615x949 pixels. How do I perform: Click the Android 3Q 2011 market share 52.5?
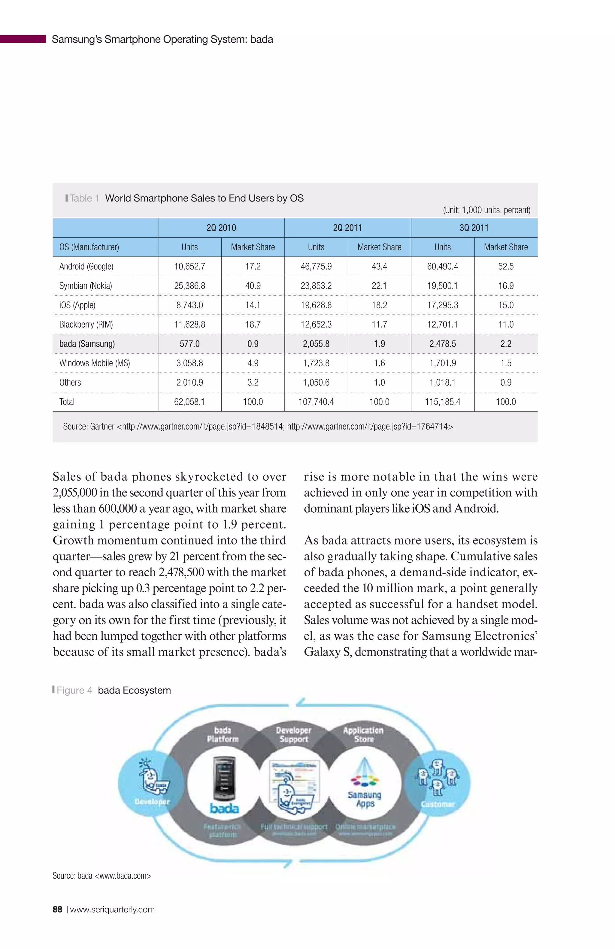pyautogui.click(x=505, y=266)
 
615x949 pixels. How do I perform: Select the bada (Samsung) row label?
pyautogui.click(x=87, y=344)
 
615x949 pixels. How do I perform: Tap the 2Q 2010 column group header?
pyautogui.click(x=221, y=228)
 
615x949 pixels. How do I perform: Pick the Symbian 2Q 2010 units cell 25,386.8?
pyautogui.click(x=189, y=286)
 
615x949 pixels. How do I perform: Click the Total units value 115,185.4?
pyautogui.click(x=442, y=402)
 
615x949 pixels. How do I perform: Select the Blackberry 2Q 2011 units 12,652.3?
pyautogui.click(x=316, y=325)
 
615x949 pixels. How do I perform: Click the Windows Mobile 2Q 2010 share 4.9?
pyautogui.click(x=253, y=363)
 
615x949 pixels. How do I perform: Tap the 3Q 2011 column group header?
pyautogui.click(x=474, y=228)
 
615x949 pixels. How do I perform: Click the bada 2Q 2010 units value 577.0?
pyautogui.click(x=189, y=344)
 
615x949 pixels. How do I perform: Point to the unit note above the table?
pyautogui.click(x=486, y=210)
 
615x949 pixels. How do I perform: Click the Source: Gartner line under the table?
pyautogui.click(x=258, y=427)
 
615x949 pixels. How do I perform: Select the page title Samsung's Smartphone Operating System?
pyautogui.click(x=162, y=39)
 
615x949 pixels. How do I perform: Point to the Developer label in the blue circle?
pyautogui.click(x=152, y=802)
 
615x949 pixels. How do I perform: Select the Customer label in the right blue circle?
pyautogui.click(x=438, y=804)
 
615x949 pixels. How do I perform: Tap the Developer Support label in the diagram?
pyautogui.click(x=294, y=735)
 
